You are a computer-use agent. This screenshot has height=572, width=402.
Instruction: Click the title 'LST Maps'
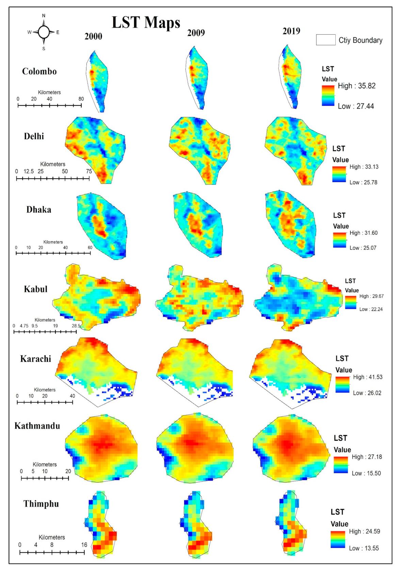coord(146,23)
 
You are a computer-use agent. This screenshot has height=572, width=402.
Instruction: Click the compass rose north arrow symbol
coord(44,32)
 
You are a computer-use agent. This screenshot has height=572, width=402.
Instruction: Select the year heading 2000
coord(93,36)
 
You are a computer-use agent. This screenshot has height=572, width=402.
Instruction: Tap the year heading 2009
coord(196,33)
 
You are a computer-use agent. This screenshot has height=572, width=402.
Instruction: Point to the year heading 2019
coord(291,31)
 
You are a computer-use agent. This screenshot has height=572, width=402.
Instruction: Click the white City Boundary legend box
coord(325,40)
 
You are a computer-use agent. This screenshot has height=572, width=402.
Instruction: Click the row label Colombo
coord(39,71)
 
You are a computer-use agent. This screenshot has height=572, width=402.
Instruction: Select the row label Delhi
coord(34,137)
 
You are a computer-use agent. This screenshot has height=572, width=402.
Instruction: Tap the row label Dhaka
coord(39,210)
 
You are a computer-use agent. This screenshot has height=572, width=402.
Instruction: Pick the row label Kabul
coord(35,289)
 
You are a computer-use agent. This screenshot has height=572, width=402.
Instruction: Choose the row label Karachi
coord(35,359)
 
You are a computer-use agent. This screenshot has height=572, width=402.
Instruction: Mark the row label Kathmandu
coord(37,426)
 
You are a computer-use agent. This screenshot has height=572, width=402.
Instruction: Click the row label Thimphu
coord(41,504)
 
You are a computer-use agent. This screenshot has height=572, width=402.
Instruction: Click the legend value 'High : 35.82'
coord(356,86)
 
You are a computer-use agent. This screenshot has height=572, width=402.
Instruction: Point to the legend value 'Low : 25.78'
coord(363,182)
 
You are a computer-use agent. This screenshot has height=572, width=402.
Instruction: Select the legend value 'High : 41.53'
coord(368,377)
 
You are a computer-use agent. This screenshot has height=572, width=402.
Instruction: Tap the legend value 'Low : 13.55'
coord(364,548)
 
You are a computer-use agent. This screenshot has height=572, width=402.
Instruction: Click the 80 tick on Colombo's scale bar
coord(81,99)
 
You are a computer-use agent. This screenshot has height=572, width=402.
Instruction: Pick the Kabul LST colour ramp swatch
coord(350,302)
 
